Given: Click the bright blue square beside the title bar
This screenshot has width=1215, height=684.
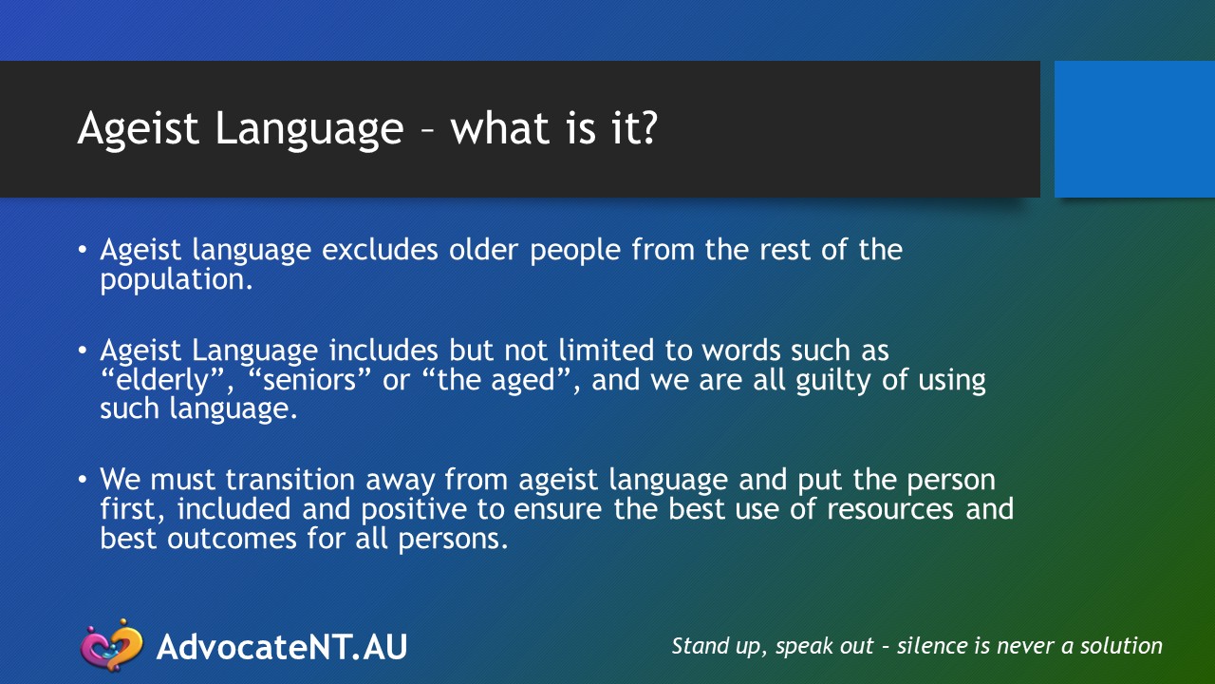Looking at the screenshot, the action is click(x=1134, y=129).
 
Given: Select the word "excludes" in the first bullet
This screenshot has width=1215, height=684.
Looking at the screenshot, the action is click(x=380, y=250).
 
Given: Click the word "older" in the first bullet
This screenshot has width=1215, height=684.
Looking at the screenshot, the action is click(x=483, y=250).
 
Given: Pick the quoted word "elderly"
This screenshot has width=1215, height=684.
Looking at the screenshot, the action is click(x=162, y=381).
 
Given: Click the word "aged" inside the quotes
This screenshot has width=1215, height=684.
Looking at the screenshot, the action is click(x=523, y=381).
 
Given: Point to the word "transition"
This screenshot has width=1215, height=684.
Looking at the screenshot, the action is click(x=290, y=480).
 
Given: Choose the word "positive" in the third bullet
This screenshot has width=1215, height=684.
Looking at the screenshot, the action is click(x=414, y=510).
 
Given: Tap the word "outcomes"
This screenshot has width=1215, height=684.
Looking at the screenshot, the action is click(x=232, y=539).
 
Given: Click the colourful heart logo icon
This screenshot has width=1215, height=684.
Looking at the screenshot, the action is click(x=112, y=645).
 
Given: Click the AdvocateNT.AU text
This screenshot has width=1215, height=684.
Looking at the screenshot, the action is click(x=282, y=647).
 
